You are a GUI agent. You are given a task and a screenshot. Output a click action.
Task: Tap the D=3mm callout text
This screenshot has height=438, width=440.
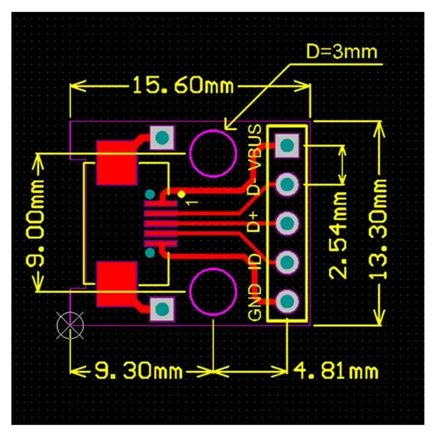(x=341, y=52)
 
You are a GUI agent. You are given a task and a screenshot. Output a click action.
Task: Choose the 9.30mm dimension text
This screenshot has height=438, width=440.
(x=137, y=370)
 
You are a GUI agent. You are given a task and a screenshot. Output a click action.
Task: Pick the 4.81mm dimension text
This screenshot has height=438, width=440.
(x=336, y=370)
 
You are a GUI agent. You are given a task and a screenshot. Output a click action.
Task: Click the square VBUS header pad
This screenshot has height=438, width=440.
(x=287, y=145)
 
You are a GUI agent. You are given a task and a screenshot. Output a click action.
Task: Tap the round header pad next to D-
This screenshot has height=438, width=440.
(x=287, y=184)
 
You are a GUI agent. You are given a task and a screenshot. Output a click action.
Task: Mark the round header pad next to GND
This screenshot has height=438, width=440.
(x=287, y=300)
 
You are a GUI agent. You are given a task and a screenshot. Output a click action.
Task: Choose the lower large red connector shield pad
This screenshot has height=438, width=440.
(x=117, y=284)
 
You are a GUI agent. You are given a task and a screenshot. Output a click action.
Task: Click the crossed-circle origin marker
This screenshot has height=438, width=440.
(x=70, y=325)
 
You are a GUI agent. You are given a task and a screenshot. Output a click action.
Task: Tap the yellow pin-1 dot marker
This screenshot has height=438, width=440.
(x=181, y=194)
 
